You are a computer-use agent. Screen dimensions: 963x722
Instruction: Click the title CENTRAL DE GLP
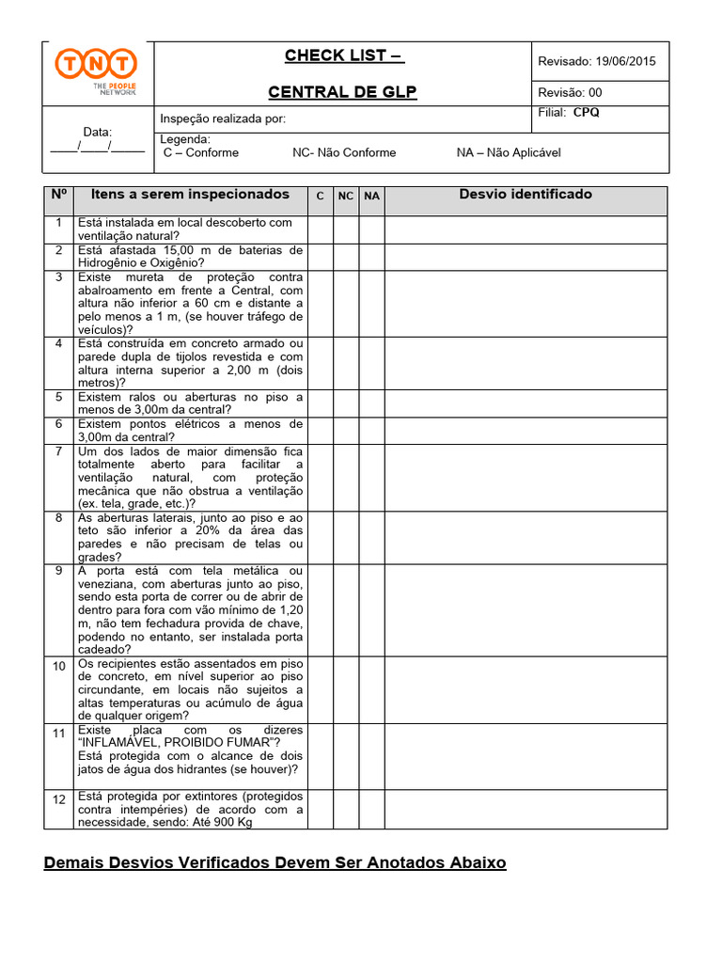pos(342,91)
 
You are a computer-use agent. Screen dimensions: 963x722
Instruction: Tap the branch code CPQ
pos(587,113)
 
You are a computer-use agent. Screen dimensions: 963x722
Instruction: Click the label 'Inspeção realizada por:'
pos(223,118)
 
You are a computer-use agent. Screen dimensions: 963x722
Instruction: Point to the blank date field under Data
pos(97,147)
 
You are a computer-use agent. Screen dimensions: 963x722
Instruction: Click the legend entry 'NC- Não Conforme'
pos(344,152)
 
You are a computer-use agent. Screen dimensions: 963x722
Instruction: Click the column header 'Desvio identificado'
pos(526,195)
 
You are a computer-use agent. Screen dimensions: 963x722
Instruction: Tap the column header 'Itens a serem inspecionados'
pos(190,195)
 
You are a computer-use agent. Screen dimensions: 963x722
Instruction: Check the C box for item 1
pos(320,229)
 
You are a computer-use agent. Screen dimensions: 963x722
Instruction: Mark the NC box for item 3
pos(346,303)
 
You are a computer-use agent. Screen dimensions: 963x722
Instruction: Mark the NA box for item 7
pos(372,478)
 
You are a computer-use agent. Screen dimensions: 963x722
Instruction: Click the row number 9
pos(58,571)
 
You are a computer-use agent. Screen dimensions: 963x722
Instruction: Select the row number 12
pos(58,799)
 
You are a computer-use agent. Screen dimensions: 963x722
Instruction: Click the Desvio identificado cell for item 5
pos(526,403)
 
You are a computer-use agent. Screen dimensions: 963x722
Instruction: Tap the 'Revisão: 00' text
pos(570,92)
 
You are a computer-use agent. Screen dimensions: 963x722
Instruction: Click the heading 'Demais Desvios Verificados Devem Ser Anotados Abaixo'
pos(275,862)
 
